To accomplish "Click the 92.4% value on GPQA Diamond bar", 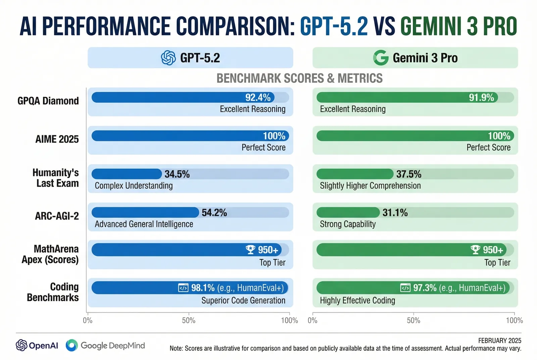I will tap(258, 98).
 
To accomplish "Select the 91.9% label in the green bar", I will tap(481, 98).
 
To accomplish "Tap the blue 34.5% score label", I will tap(177, 174).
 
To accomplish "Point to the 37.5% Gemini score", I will tap(408, 174).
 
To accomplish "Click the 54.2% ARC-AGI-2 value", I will tap(214, 213).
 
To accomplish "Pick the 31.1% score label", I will tap(395, 213).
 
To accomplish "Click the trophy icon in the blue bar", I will tap(250, 250).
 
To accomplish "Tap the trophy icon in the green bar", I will tap(475, 250).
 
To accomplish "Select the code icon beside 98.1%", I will tap(183, 288).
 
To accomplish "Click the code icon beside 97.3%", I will tap(405, 288).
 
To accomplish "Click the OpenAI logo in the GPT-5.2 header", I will tap(168, 58).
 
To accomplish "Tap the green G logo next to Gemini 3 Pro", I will tap(381, 58).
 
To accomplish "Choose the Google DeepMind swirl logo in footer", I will tap(71, 345).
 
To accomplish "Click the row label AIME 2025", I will tap(57, 139).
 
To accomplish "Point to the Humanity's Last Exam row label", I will tap(56, 178).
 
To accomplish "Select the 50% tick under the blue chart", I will tap(189, 320).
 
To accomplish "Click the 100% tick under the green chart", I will tap(514, 320).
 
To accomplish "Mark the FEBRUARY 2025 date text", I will tap(499, 341).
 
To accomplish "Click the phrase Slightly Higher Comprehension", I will tap(370, 186).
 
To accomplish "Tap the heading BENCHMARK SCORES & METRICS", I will tap(299, 79).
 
